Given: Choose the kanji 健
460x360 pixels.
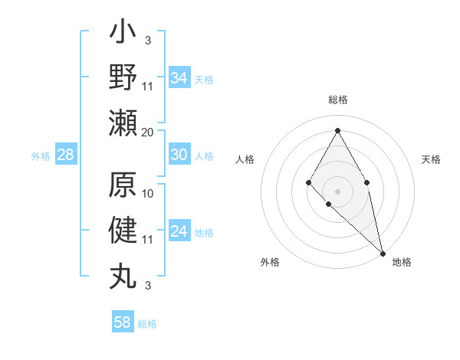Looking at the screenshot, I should click(x=123, y=231).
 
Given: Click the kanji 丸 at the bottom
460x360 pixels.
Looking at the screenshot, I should click(x=123, y=274).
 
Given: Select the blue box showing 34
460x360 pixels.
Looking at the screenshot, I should click(x=179, y=78).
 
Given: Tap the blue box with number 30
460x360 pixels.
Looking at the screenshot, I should click(x=179, y=155).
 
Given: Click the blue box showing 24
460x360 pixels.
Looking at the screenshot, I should click(x=179, y=231).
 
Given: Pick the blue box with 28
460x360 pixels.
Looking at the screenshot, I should click(x=66, y=155).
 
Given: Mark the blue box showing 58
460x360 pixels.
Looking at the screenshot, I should click(x=123, y=322).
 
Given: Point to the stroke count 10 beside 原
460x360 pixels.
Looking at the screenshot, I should click(x=148, y=192).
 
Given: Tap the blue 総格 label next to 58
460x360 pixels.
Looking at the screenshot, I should click(x=147, y=324).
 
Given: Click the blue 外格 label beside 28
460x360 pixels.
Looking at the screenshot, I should click(x=41, y=156).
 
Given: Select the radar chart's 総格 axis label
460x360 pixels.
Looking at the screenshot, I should click(x=338, y=100).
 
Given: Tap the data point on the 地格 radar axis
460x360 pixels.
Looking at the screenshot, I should click(x=383, y=253).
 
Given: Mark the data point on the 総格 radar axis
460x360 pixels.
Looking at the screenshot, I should click(x=337, y=129).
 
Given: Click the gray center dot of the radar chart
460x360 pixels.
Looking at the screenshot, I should click(x=337, y=191).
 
